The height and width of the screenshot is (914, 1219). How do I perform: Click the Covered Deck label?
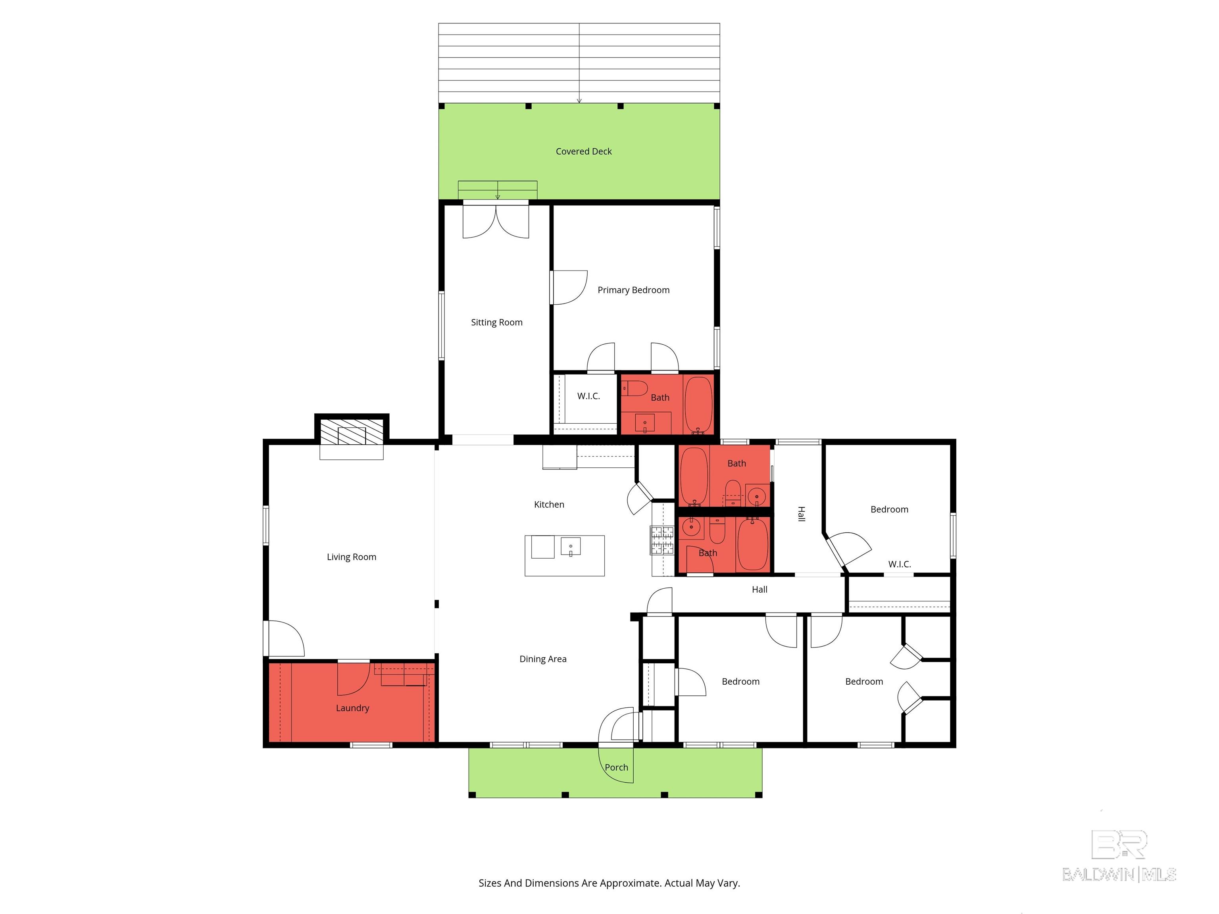point(584,152)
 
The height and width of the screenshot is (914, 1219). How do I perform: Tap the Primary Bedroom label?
point(634,290)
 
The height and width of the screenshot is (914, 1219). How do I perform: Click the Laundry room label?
point(353,709)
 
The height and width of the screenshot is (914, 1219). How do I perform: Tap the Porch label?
point(617,768)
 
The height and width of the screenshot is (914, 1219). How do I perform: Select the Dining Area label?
point(543,659)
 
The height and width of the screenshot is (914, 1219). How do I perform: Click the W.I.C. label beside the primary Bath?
point(588,396)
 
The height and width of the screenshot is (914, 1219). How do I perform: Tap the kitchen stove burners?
point(662,540)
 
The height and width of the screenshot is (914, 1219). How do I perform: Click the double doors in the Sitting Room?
point(496,221)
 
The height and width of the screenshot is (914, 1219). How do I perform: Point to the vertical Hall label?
point(801,514)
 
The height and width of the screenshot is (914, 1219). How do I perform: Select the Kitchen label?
point(549,505)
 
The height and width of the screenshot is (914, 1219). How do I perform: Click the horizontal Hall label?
point(759,589)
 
